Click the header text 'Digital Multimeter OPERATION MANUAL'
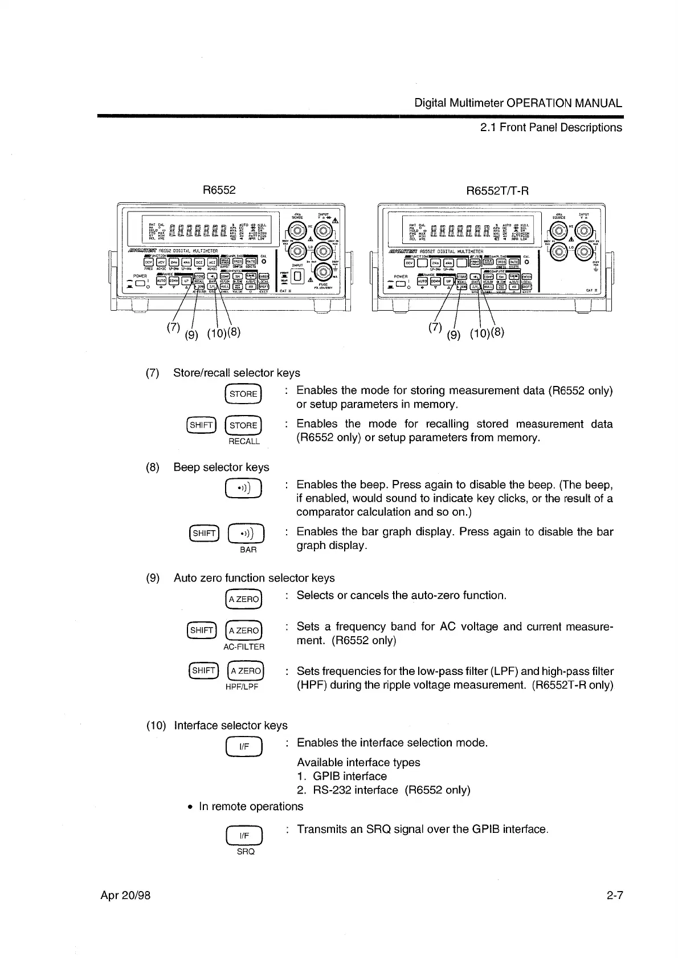click(x=518, y=103)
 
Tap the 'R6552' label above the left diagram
click(x=219, y=190)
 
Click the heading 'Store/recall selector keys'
click(x=236, y=373)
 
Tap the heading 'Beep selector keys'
click(x=221, y=467)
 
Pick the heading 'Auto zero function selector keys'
click(x=254, y=578)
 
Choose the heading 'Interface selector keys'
click(x=231, y=725)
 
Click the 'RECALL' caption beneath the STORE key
click(x=244, y=441)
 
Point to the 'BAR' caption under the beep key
click(x=248, y=550)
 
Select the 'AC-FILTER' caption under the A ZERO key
click(x=244, y=647)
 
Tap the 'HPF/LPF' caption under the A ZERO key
click(x=242, y=687)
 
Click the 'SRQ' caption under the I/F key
click(x=246, y=851)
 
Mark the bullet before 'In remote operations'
click(x=191, y=807)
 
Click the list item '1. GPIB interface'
click(x=342, y=776)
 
